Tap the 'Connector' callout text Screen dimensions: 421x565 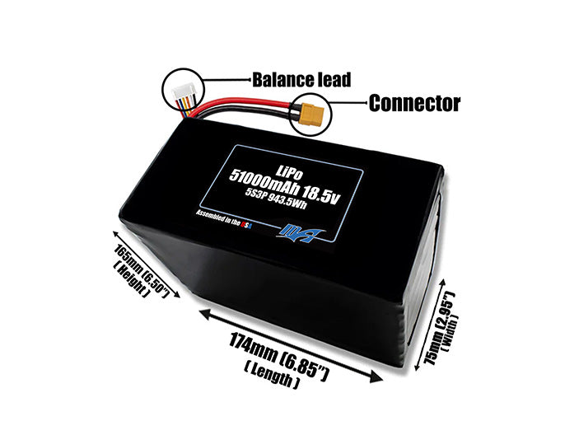(x=413, y=104)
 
